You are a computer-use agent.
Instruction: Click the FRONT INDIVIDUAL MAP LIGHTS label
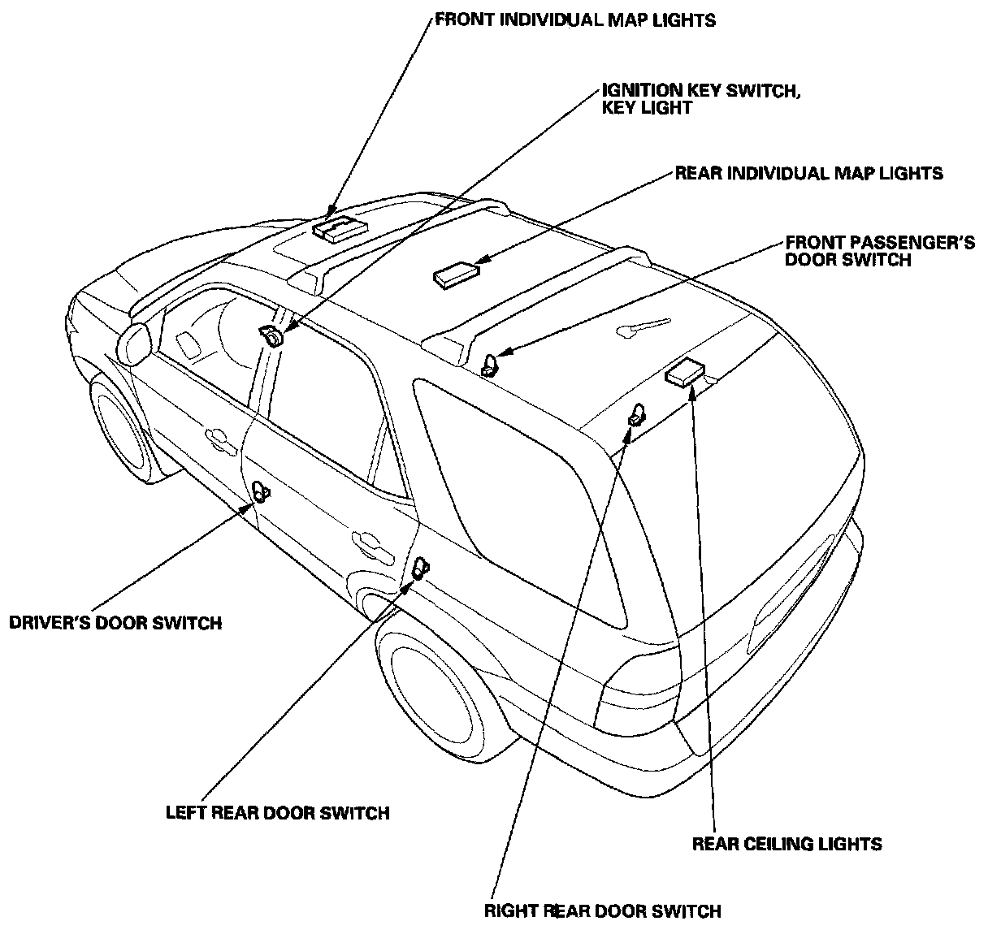[575, 19]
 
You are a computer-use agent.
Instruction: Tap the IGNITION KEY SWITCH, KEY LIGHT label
[700, 98]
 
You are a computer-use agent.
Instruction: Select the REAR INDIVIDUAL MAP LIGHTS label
[808, 173]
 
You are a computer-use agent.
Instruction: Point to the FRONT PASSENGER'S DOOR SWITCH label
[880, 251]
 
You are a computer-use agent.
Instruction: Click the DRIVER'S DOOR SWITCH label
[115, 623]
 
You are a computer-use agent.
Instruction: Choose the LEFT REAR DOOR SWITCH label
[278, 812]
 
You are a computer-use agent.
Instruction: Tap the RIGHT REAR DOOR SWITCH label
[602, 910]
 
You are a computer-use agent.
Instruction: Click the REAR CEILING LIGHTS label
[786, 844]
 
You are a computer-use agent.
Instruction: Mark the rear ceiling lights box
[685, 373]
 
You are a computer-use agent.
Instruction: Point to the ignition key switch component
[272, 335]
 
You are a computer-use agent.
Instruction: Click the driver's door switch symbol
[261, 491]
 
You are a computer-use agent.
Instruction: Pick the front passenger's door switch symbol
[491, 365]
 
